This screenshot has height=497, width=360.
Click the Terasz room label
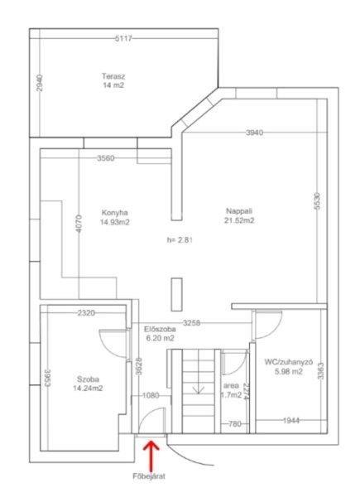[113, 76]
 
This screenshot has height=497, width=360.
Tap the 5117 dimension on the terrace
[122, 39]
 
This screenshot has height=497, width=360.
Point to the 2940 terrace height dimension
[40, 83]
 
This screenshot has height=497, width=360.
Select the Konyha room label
[114, 212]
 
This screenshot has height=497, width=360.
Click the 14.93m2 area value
[114, 222]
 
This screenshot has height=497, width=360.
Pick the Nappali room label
[239, 210]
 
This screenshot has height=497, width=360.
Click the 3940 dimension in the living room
[254, 133]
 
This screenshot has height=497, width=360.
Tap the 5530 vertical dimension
[318, 201]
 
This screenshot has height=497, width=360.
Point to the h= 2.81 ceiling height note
[180, 240]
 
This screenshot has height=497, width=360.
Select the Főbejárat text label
[149, 475]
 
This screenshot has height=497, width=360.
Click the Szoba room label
[88, 379]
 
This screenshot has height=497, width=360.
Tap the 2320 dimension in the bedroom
[86, 313]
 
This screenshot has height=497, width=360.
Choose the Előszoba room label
[160, 329]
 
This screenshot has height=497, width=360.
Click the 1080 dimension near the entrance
[151, 396]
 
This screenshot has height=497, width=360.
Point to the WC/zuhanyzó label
[289, 362]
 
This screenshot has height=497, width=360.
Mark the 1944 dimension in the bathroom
[291, 421]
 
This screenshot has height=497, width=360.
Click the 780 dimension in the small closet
[234, 423]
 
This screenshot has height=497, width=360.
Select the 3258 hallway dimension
[191, 323]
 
